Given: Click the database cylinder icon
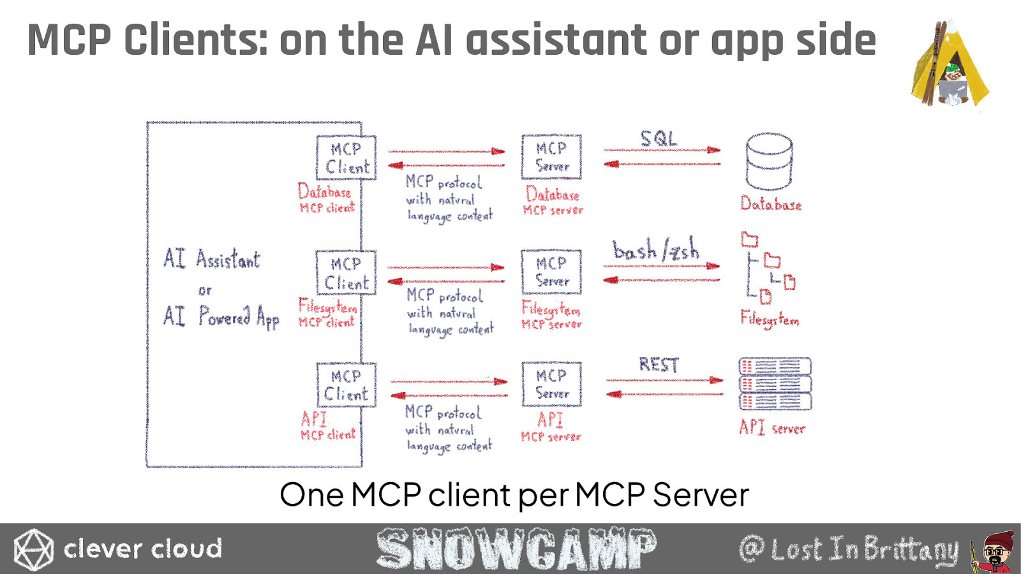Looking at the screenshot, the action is coord(770,161).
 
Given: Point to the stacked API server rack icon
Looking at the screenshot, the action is coord(775,384).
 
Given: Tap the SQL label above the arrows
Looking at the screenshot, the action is coord(659,138).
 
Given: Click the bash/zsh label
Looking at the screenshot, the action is coord(656,249).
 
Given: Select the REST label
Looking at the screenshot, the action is coord(659,364).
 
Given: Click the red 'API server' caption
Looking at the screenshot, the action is coord(772,427).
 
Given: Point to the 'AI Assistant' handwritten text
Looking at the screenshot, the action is coord(212,259).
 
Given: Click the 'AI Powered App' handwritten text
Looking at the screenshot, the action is coord(221,316).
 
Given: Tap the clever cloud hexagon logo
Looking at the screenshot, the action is coord(33,549).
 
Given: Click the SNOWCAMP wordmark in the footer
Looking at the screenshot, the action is coord(516,548).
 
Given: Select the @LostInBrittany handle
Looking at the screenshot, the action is coord(849,549).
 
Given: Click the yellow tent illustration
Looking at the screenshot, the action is coord(950,64).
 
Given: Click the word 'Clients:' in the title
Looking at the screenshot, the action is coord(196,40).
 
